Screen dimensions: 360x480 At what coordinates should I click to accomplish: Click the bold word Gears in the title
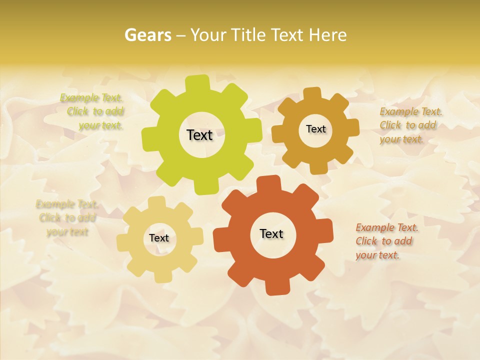tap(147, 35)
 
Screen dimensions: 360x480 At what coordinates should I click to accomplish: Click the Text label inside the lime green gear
tap(199, 135)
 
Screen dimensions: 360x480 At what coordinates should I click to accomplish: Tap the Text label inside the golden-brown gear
tap(315, 129)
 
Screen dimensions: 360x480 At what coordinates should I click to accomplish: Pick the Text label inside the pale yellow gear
tap(159, 238)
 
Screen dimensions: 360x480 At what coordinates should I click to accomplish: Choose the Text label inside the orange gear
tap(271, 234)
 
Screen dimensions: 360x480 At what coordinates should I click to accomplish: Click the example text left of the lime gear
tap(92, 111)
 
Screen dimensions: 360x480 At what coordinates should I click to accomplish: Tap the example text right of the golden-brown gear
tap(410, 125)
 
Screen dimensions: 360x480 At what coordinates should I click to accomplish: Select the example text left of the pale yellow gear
tap(66, 218)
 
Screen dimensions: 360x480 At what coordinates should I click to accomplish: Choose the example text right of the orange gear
tap(386, 241)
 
